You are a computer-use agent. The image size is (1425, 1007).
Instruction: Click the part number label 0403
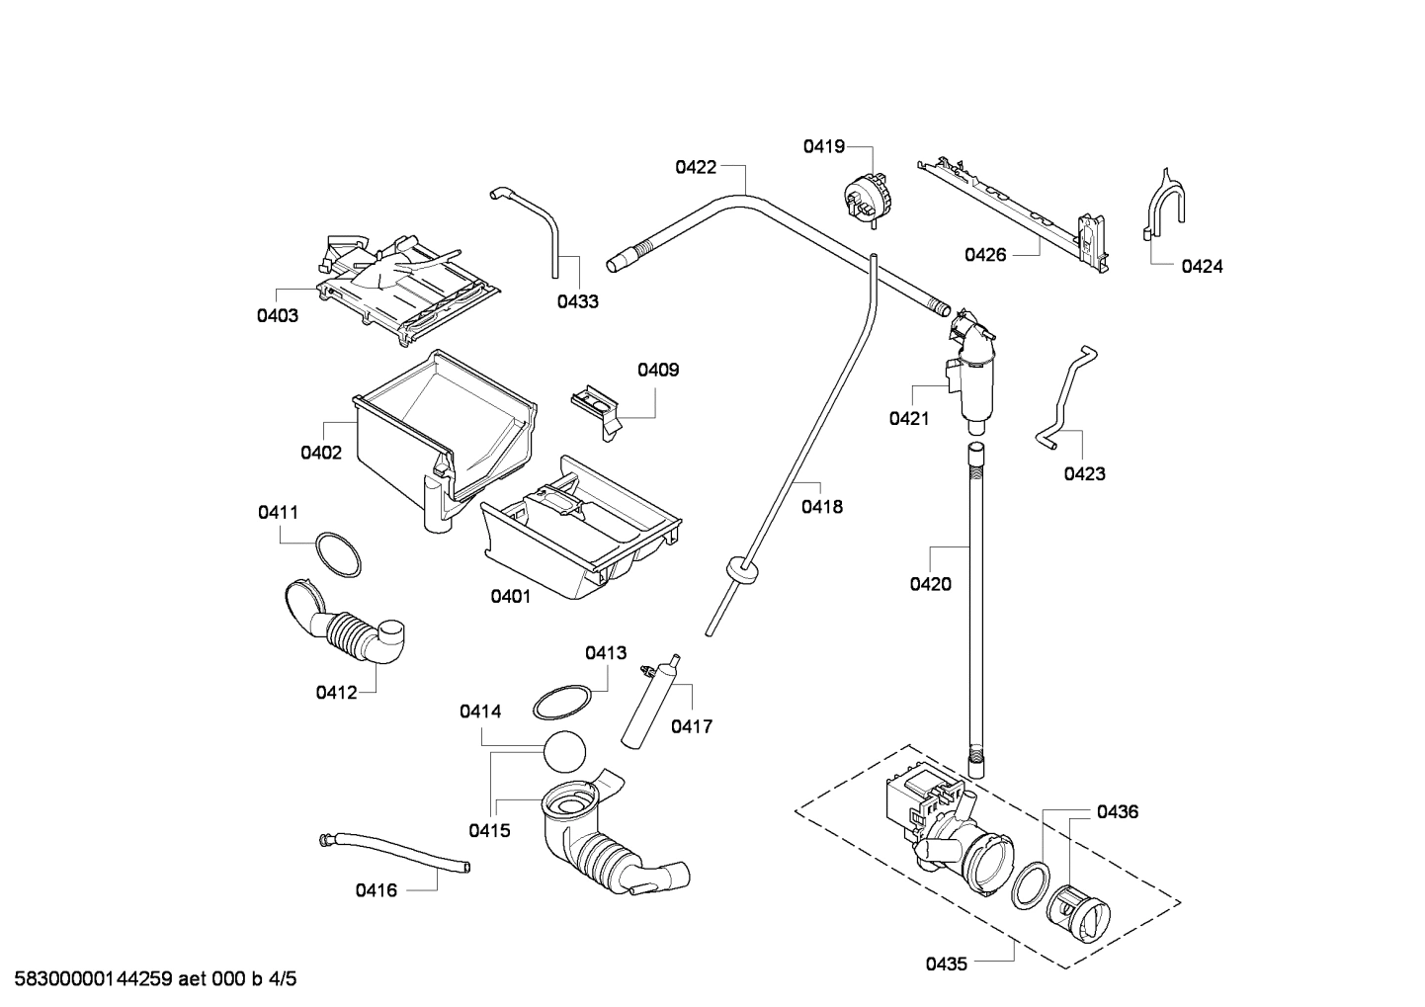tap(278, 316)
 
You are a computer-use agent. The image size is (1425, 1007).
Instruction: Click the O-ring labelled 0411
tap(338, 555)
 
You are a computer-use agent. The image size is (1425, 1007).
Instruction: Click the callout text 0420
tap(930, 584)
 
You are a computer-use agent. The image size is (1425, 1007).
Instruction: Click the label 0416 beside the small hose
tap(376, 890)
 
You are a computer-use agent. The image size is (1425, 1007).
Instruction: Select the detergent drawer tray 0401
tap(578, 534)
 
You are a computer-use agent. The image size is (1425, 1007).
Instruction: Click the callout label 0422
tap(696, 167)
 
